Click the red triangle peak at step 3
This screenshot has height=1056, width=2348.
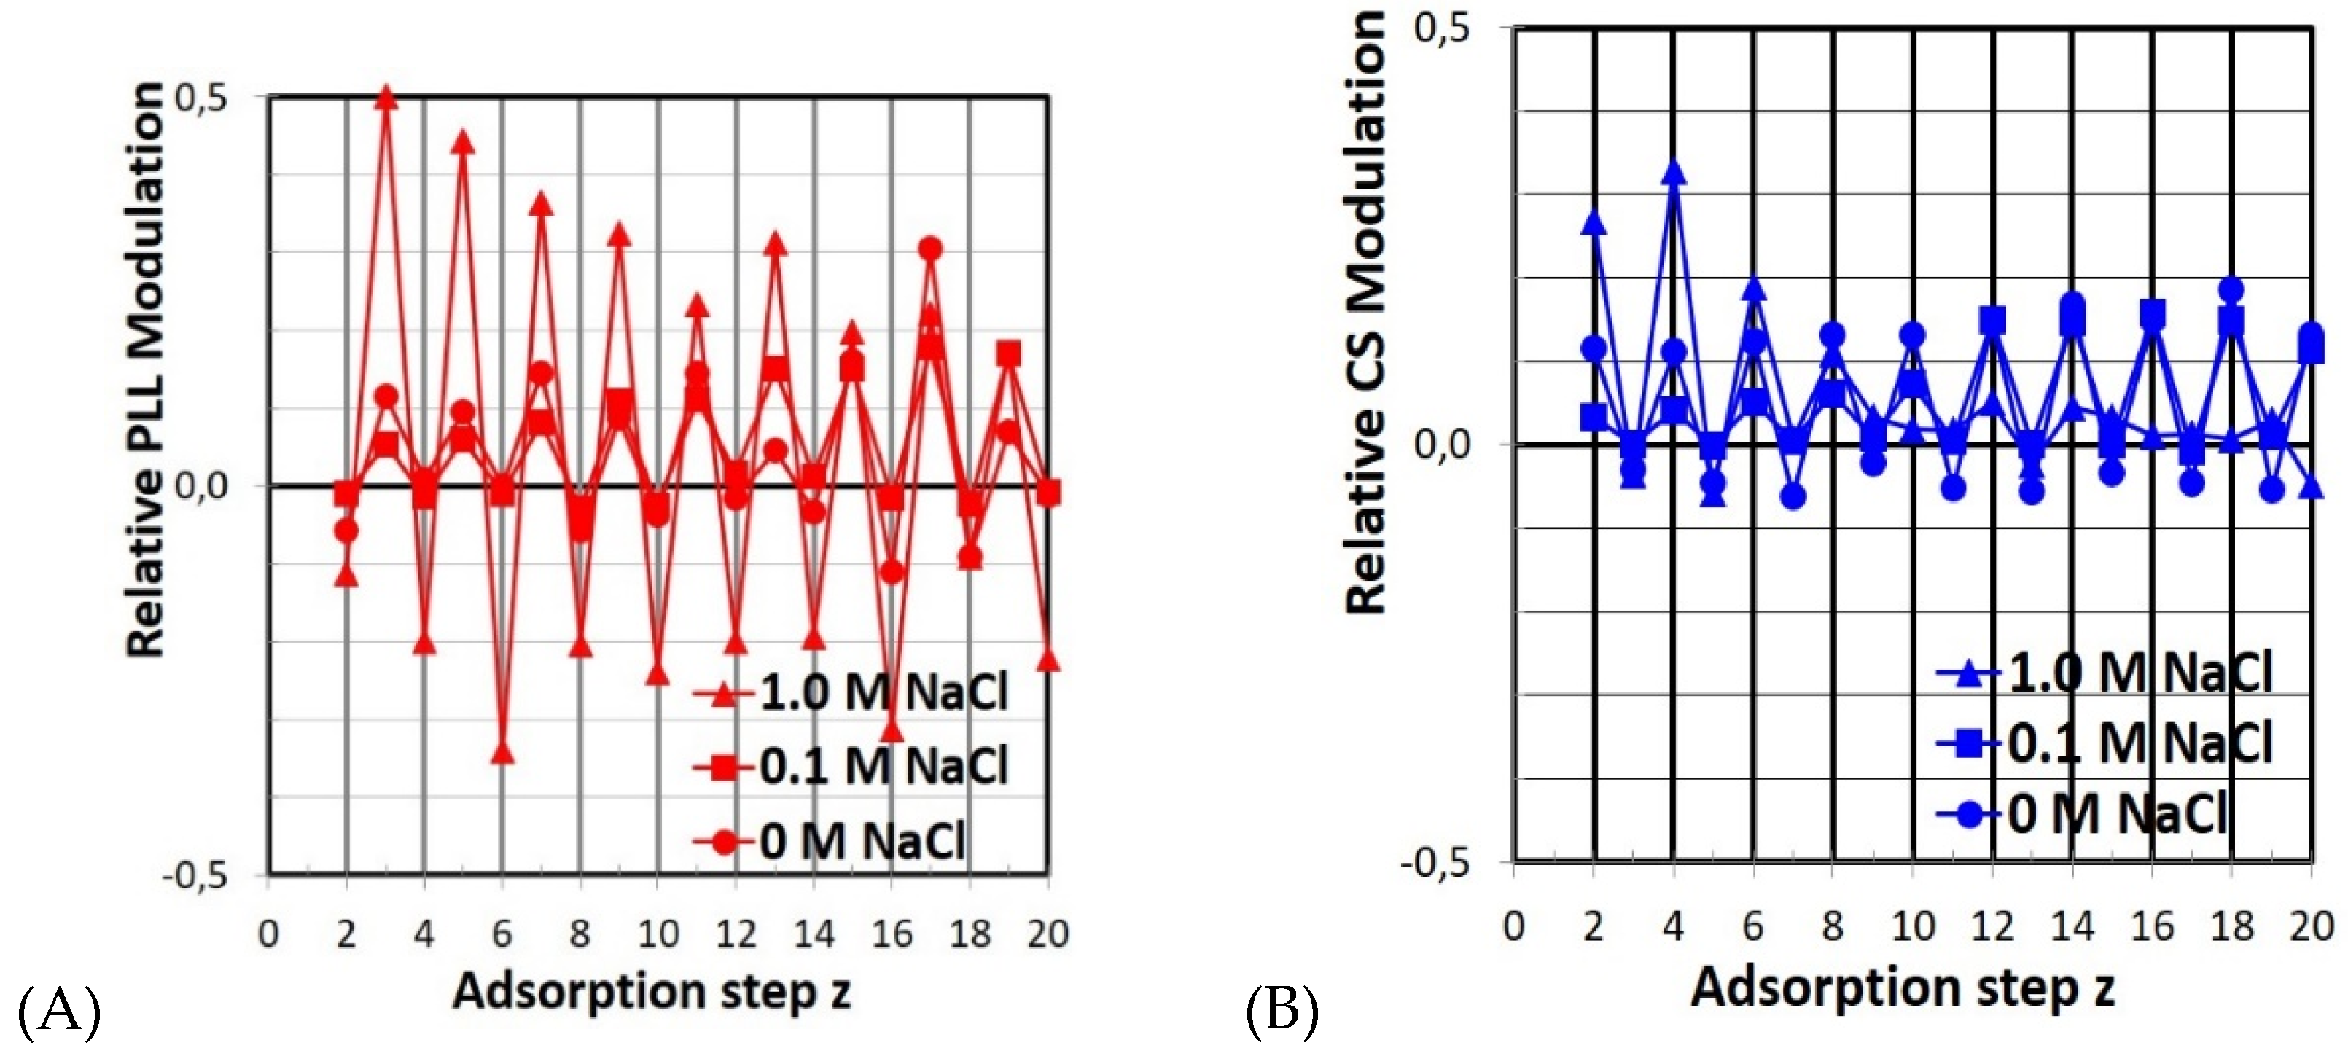coord(386,97)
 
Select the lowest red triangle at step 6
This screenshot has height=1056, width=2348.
coord(502,753)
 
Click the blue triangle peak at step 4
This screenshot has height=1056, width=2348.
coord(1674,172)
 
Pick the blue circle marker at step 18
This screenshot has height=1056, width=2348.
coord(2231,291)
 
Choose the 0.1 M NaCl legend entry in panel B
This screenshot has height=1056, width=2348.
coord(2105,743)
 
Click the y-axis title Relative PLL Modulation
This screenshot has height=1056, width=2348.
coord(146,369)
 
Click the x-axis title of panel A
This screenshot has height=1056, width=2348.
coord(652,991)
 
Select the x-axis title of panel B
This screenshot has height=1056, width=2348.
coord(1903,987)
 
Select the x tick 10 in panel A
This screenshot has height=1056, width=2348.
coord(658,934)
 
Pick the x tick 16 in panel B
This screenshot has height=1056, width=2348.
coord(2152,926)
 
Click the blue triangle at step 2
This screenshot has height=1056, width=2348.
coord(1594,222)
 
